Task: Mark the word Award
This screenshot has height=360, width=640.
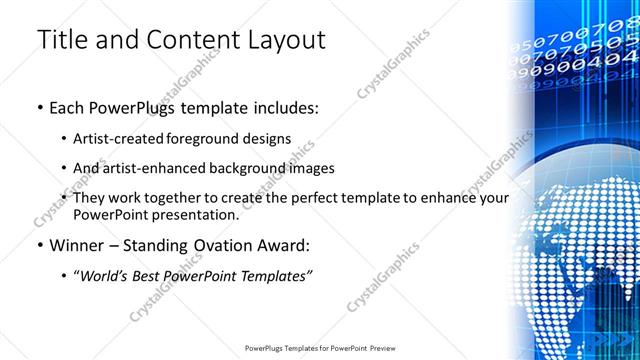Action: [x=282, y=245]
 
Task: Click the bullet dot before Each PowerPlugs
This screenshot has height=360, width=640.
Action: [x=39, y=107]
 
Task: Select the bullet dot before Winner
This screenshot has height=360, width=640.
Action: [x=39, y=245]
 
